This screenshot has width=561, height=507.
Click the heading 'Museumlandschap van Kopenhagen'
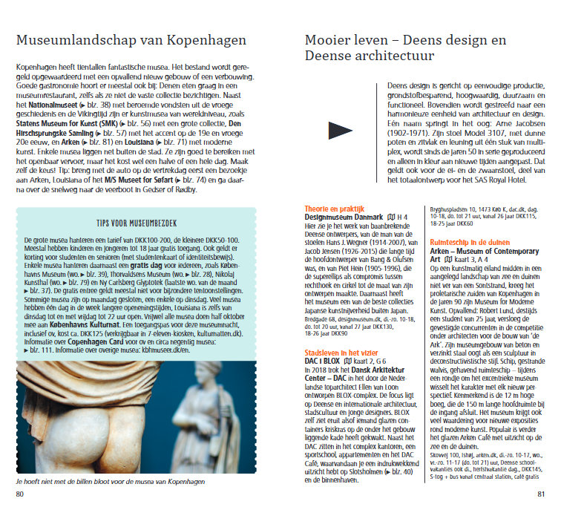(132, 40)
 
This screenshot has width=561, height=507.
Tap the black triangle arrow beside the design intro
(340, 131)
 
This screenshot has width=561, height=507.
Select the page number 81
(541, 494)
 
